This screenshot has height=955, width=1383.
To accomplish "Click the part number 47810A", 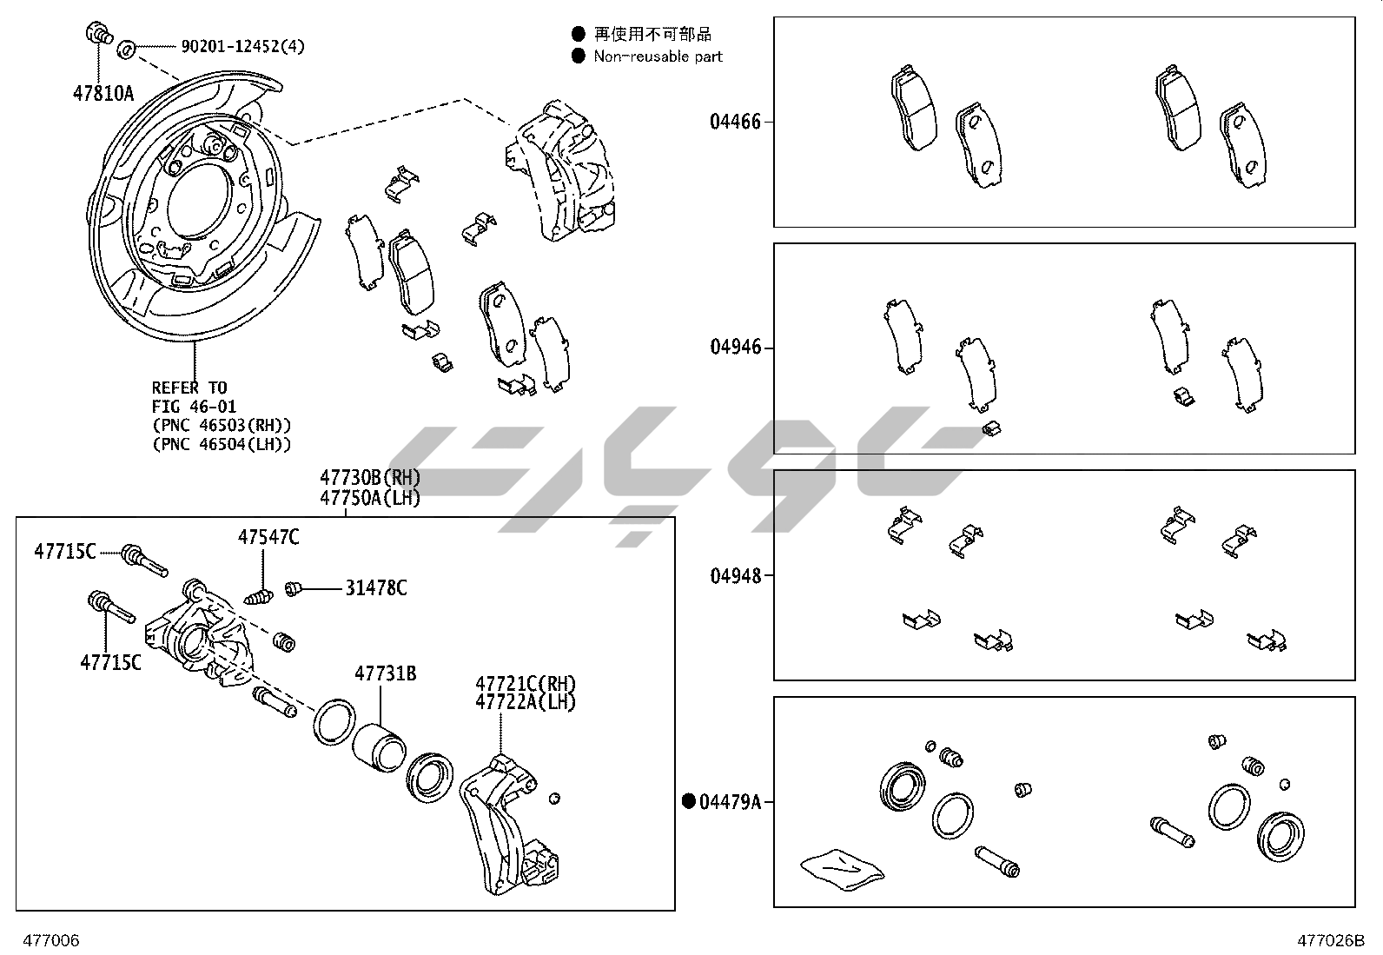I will pos(103,92).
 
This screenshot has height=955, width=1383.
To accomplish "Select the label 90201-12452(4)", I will pos(242,47).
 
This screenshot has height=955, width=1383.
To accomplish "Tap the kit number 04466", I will pos(735,122).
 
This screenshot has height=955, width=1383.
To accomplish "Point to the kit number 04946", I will pos(735,348).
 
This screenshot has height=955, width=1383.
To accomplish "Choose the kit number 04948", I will pos(735,575).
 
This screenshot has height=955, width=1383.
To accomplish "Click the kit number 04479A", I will pos(730,801).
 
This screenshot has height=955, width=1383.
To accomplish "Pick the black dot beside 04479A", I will pos(690,801).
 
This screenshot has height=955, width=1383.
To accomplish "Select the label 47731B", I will pos(385,673).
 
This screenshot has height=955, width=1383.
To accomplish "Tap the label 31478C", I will pos(375,588).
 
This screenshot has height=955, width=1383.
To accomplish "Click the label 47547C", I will pos(268,538).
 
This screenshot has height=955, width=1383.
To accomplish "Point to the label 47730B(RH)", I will pos(370,477).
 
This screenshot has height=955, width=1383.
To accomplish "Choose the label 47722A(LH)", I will pos(526,702).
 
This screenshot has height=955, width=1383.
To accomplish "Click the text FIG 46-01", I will pos(194,407).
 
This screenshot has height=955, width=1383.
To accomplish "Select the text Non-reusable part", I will pos(658,56).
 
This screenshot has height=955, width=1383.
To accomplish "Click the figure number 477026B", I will pos(1331,940).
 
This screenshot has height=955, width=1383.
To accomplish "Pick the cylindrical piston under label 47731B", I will pos(379,746).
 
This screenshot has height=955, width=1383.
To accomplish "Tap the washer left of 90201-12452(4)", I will pos(125,47).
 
